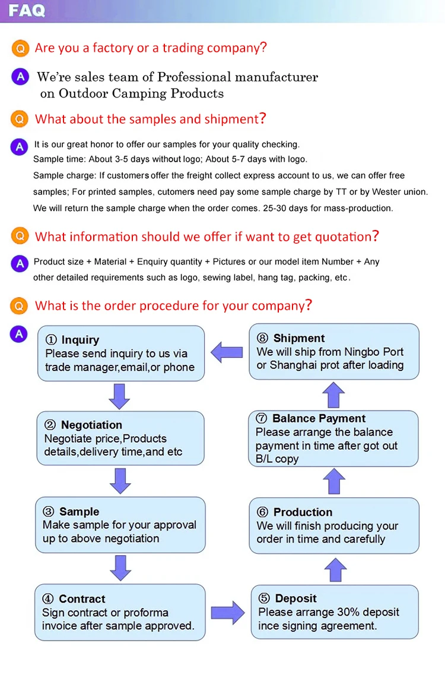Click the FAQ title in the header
click(27, 11)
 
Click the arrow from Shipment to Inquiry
click(227, 352)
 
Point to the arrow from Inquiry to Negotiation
click(119, 396)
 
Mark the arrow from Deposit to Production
click(335, 569)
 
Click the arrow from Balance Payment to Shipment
click(334, 395)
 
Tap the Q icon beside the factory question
click(20, 48)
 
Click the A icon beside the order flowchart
click(19, 334)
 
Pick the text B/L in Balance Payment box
click(265, 459)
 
